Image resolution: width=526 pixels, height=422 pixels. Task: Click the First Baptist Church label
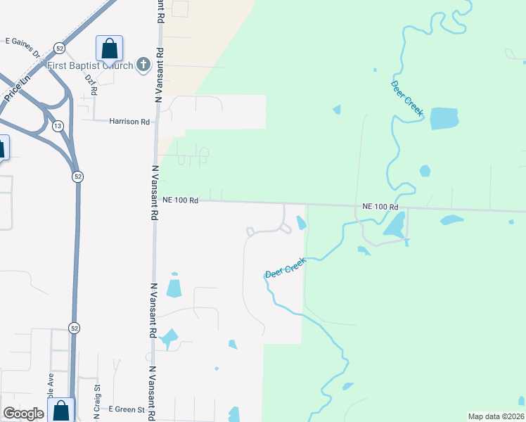tap(90, 66)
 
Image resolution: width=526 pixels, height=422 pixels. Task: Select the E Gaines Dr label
tap(25, 41)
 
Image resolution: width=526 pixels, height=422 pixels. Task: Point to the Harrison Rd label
tap(129, 122)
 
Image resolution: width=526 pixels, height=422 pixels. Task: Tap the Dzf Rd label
tap(91, 84)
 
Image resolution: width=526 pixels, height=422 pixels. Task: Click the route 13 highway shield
tap(57, 126)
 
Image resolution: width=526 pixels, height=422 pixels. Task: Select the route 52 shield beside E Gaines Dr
tap(60, 48)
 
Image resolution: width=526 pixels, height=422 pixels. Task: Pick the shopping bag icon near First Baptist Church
tap(109, 49)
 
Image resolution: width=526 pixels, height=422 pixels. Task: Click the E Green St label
tap(127, 409)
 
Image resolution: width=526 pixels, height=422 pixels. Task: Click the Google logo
tap(23, 414)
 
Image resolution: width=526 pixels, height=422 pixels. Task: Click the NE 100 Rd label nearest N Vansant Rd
tap(181, 200)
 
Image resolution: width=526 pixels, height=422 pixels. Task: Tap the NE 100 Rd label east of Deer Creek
tap(380, 207)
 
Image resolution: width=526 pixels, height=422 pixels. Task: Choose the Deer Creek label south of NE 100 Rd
tap(286, 268)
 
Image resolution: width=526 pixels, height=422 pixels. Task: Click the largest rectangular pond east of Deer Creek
tap(443, 118)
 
